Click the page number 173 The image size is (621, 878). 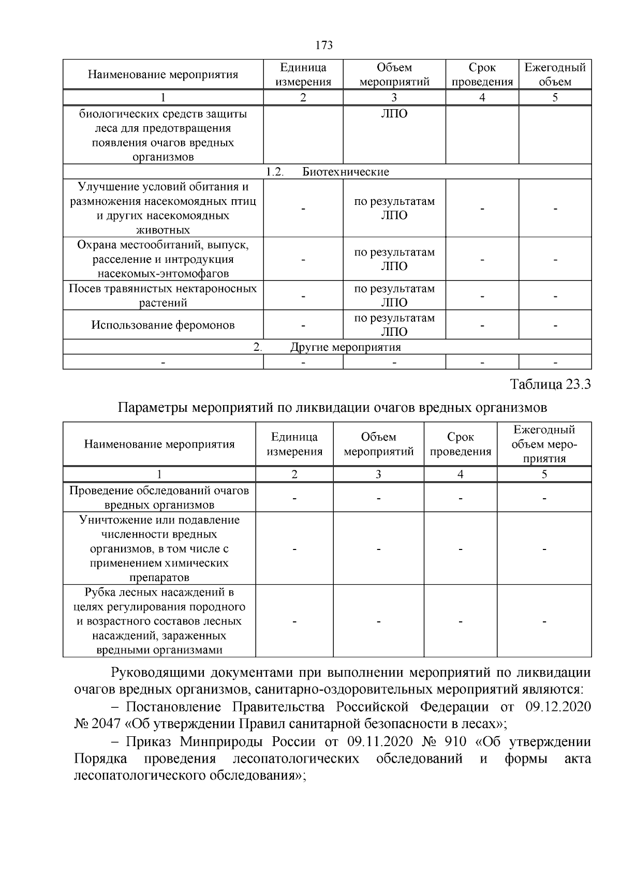[323, 45]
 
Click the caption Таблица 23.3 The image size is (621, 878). [550, 385]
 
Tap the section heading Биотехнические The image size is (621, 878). [345, 172]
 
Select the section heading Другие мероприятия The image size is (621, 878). [345, 347]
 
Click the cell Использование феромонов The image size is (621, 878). [163, 325]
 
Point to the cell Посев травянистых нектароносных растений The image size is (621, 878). [163, 295]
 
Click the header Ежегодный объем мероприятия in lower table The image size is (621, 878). [544, 444]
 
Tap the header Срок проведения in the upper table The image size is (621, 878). [482, 75]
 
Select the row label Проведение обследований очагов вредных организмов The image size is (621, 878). [159, 497]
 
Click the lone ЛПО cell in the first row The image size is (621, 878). [394, 114]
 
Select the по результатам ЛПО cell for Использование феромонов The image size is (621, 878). [394, 325]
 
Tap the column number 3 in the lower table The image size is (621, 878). [378, 474]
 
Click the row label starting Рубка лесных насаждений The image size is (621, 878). [159, 621]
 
